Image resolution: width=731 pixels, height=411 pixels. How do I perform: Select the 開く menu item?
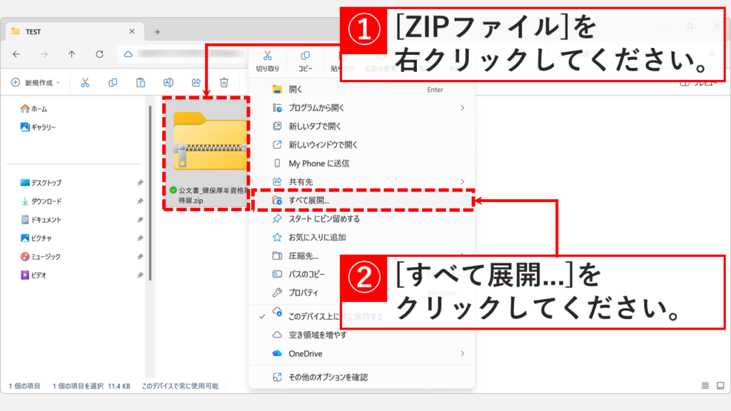point(296,89)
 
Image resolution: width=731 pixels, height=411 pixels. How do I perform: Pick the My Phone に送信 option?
point(318,163)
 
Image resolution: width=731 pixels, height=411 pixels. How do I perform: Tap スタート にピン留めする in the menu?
point(324,219)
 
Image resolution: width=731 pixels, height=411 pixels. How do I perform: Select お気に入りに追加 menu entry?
point(318,237)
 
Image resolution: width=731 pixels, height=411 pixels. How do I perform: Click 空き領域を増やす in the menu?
point(318,335)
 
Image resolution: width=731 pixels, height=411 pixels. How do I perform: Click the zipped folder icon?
point(208,143)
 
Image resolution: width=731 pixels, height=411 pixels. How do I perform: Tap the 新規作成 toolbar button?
point(36,83)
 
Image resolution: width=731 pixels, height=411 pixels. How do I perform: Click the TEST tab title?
point(33,31)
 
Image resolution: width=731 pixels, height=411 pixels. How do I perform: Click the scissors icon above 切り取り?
point(268,56)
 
